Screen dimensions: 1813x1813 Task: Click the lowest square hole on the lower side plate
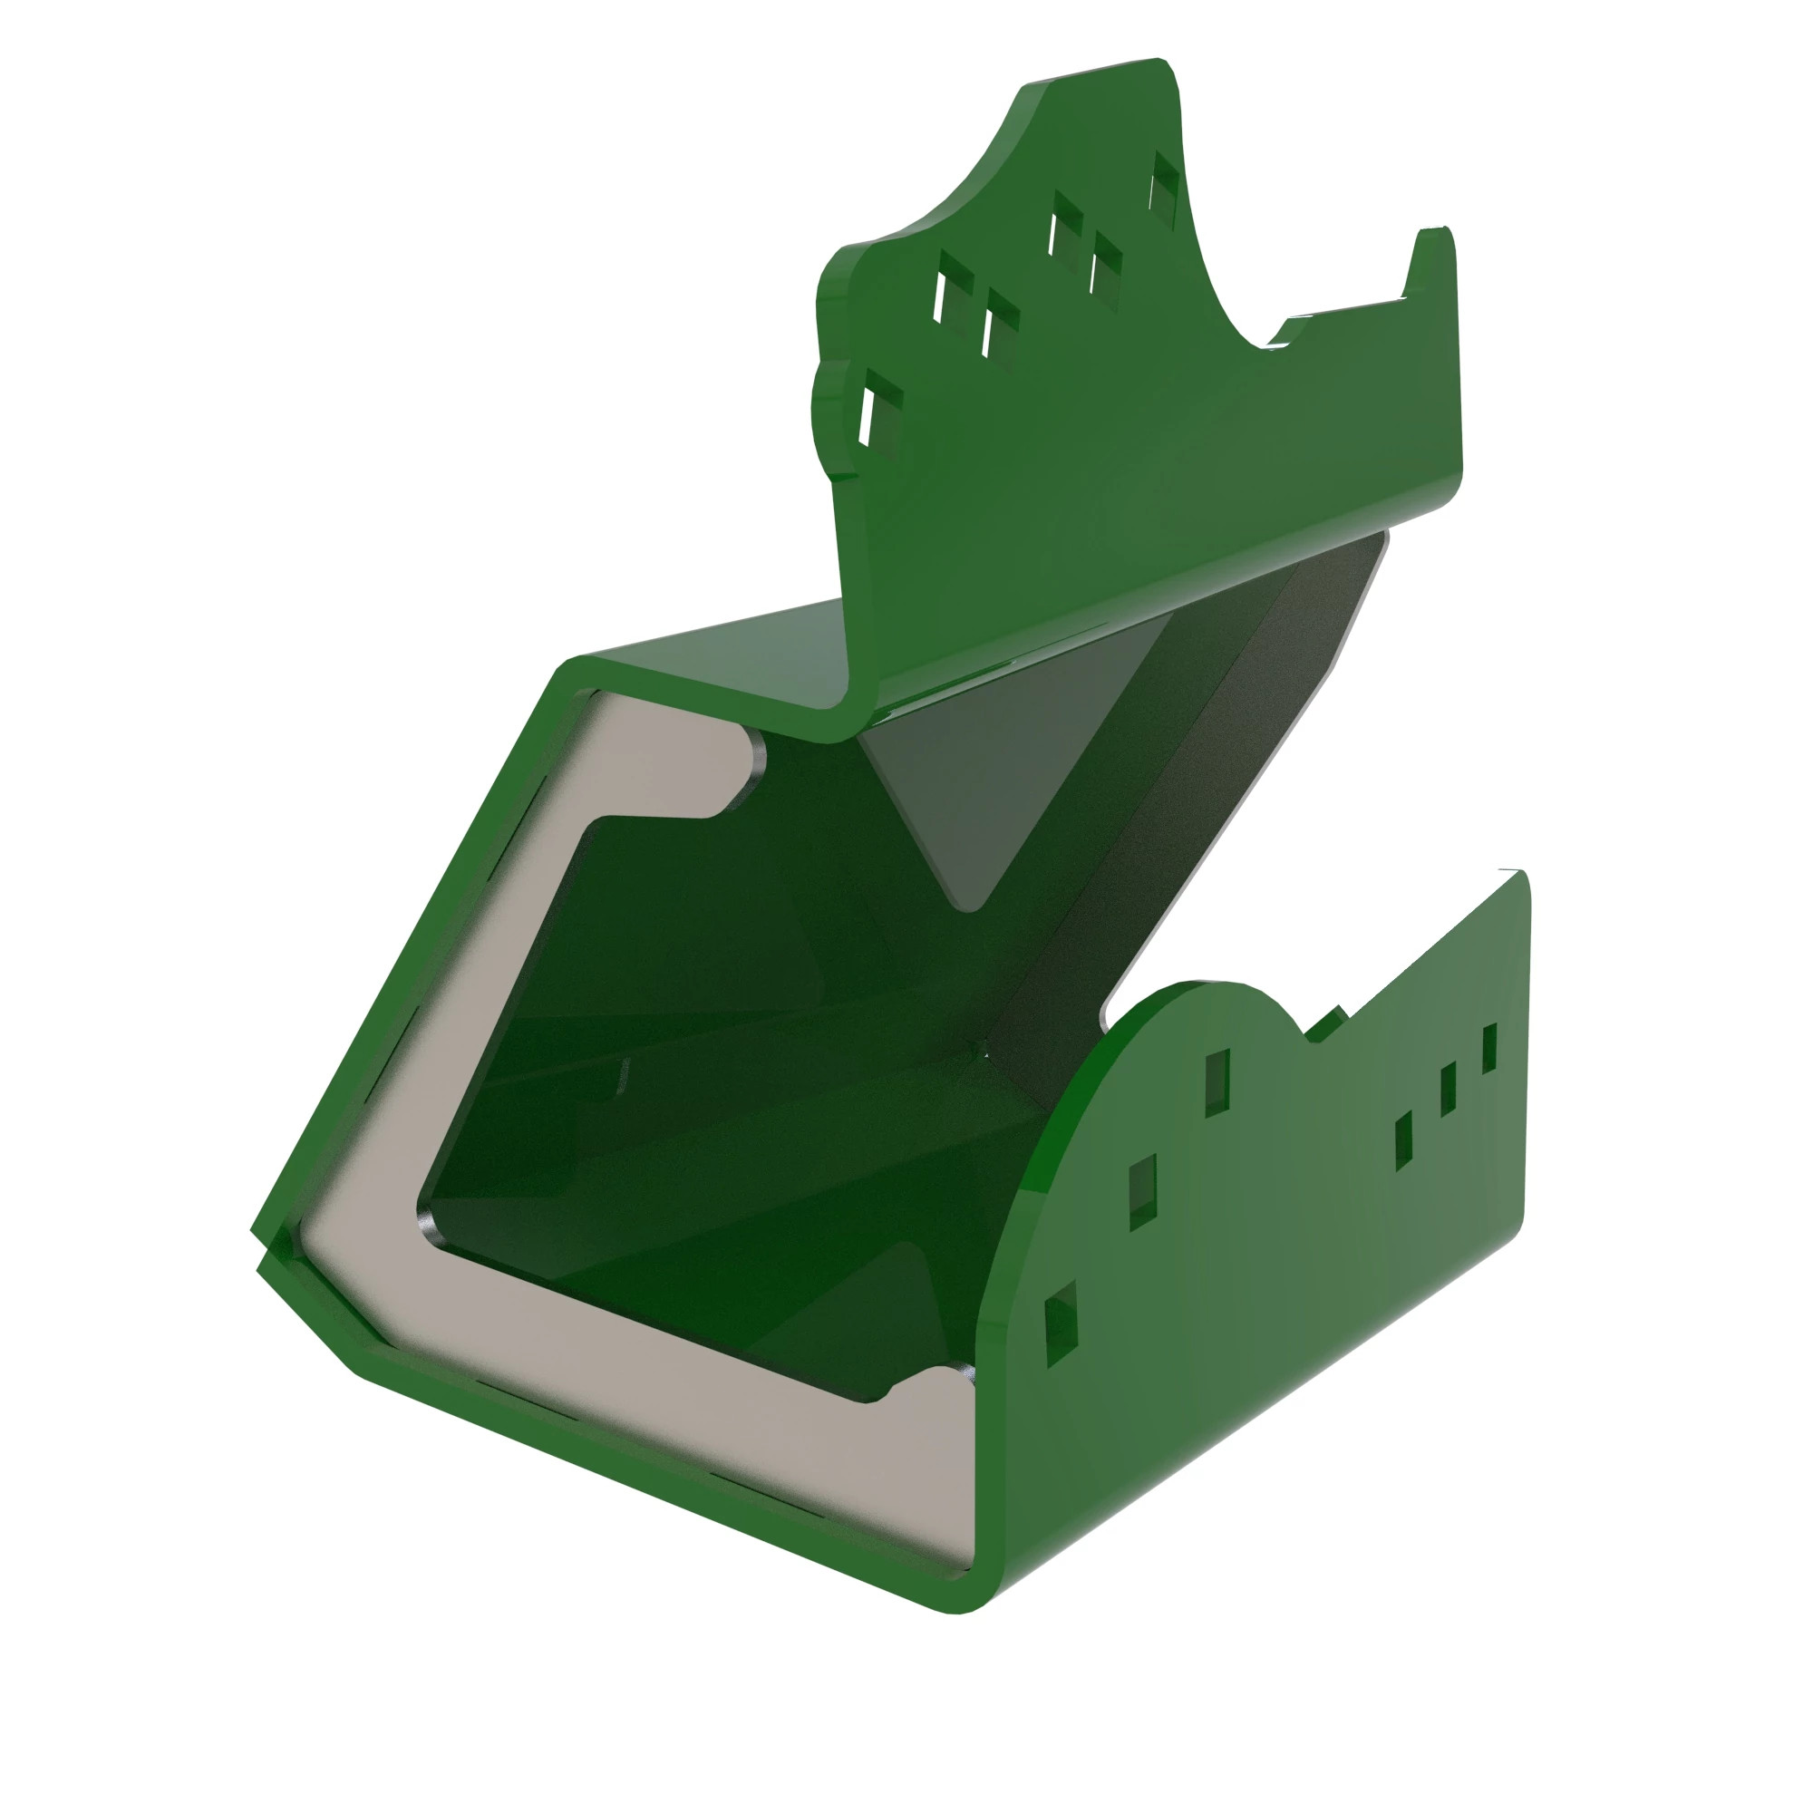click(1062, 1324)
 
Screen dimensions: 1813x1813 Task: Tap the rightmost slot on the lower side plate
click(1489, 1048)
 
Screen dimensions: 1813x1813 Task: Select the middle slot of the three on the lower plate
click(1448, 1088)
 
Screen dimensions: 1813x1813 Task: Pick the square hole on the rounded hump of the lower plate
click(1217, 1081)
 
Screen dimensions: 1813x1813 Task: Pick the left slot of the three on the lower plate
click(1404, 1139)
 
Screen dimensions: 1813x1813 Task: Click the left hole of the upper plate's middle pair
click(1065, 225)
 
